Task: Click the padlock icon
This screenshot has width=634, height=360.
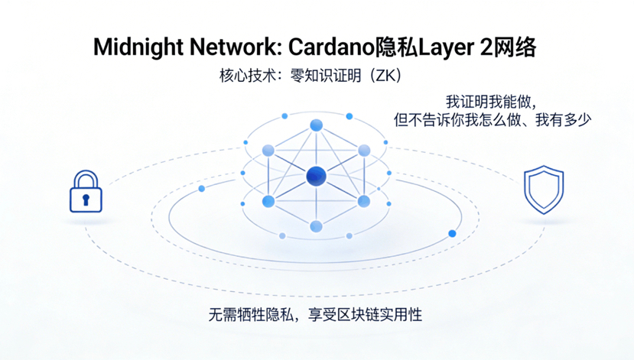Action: (x=86, y=192)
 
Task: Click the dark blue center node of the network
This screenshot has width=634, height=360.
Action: (x=316, y=177)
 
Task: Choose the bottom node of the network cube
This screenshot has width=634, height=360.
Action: (x=316, y=226)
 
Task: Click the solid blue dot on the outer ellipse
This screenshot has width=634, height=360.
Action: (x=452, y=233)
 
